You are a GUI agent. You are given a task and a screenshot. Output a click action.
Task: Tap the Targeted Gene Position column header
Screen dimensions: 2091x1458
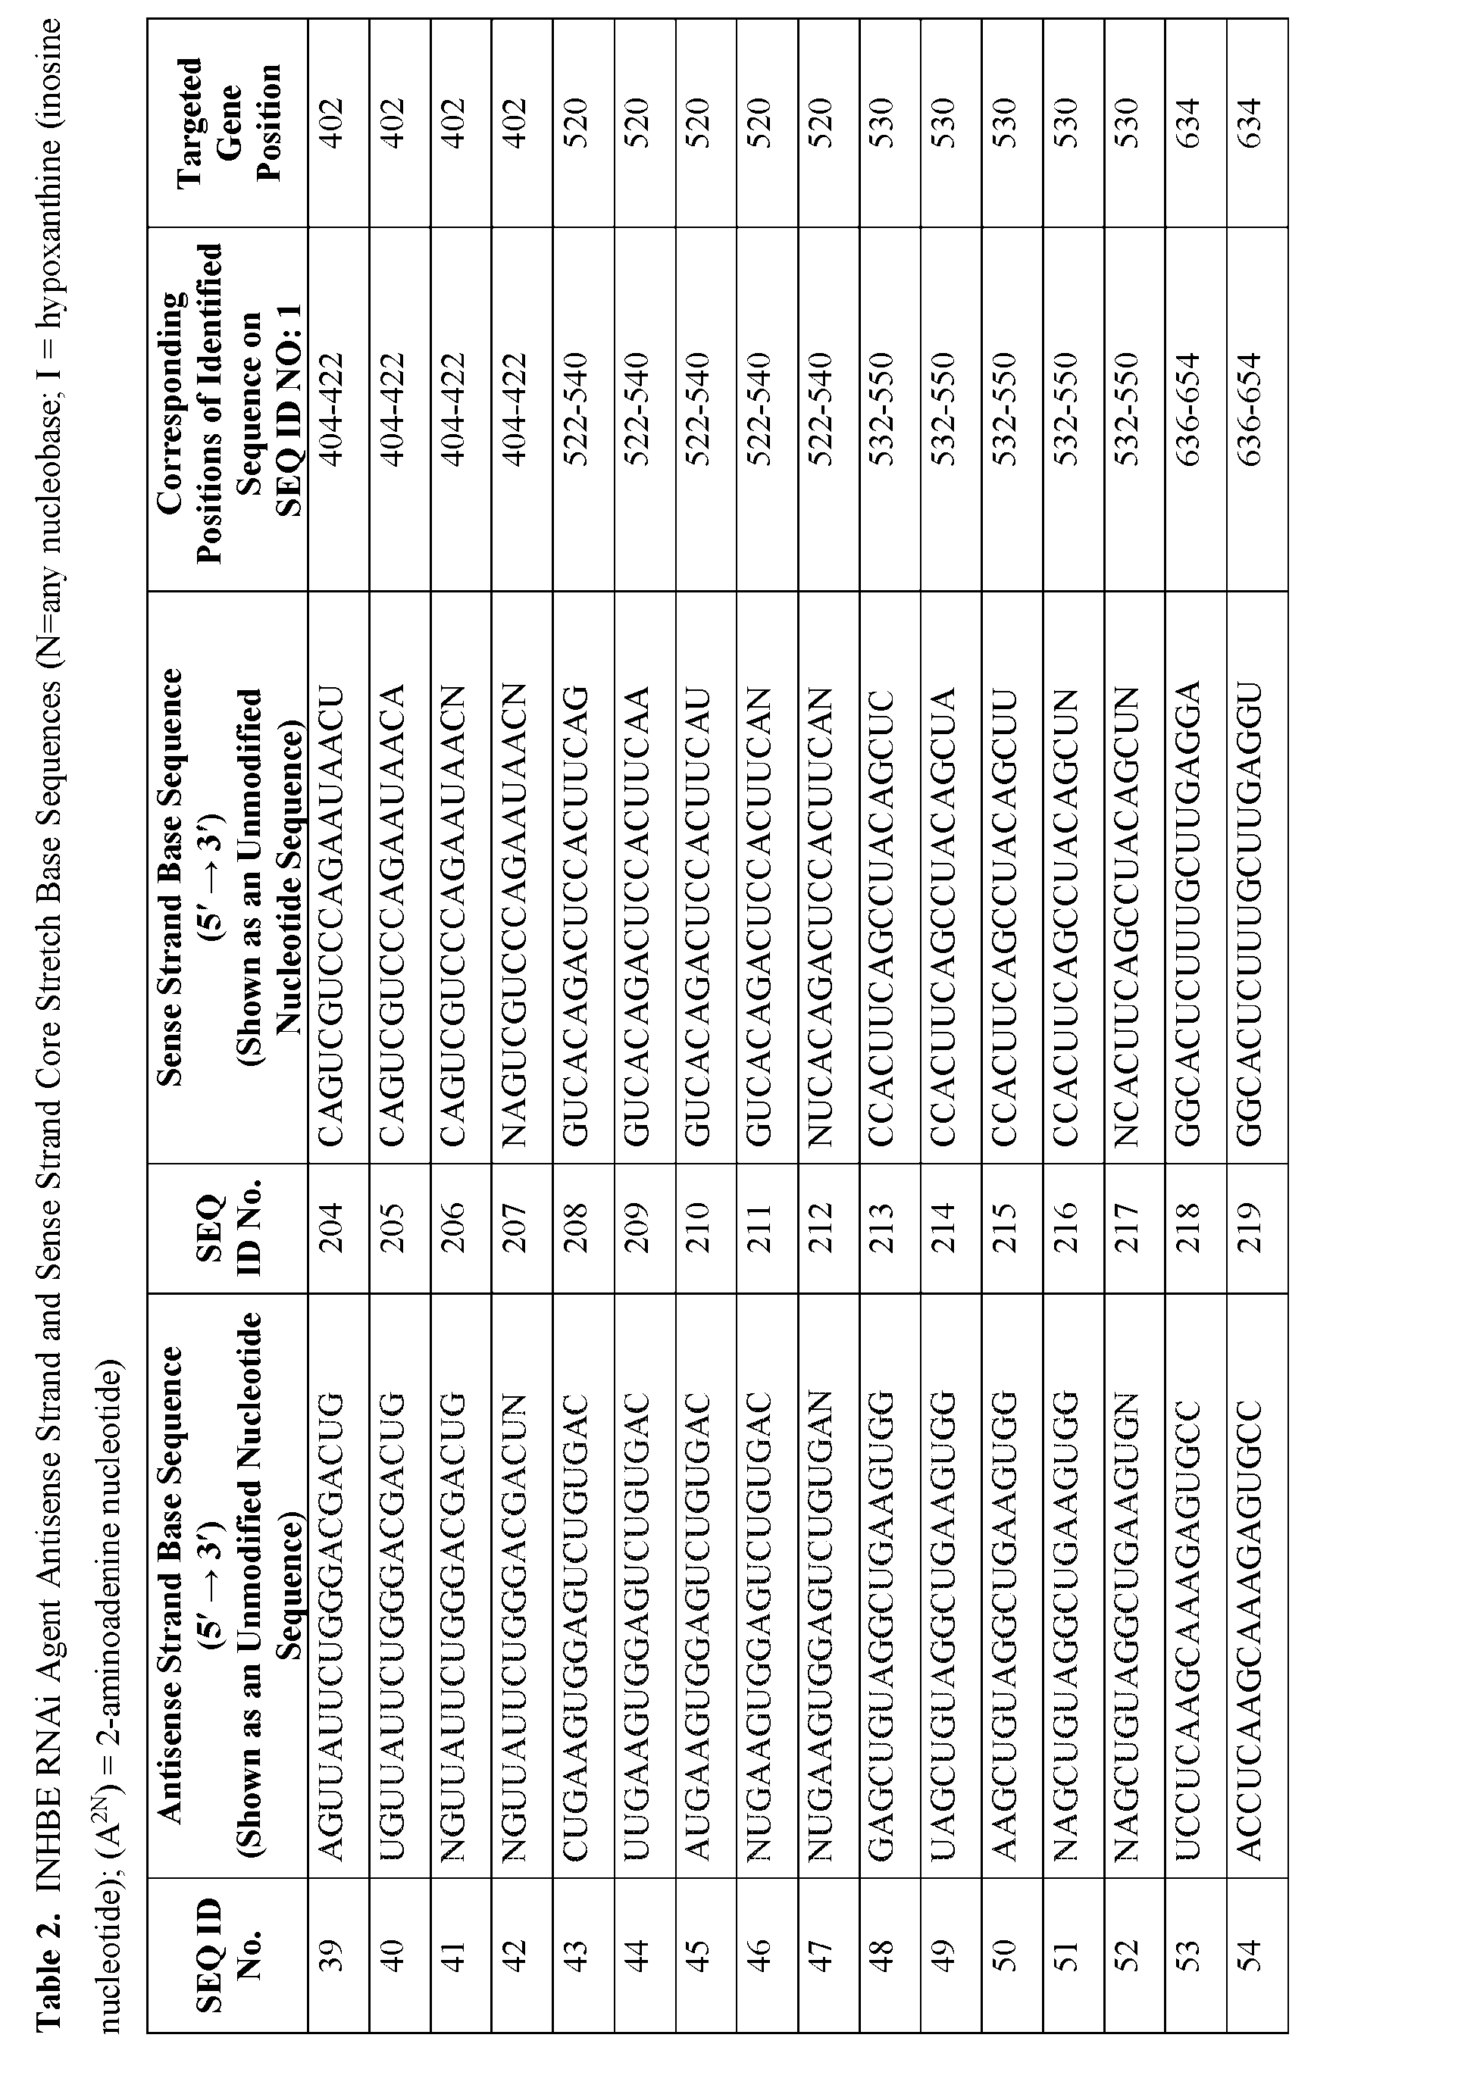pyautogui.click(x=227, y=122)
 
